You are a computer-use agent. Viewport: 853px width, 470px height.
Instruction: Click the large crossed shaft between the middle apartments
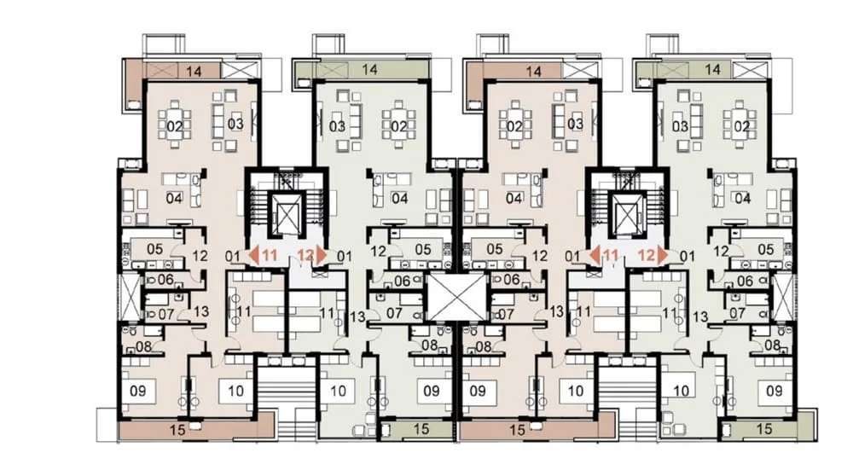click(456, 297)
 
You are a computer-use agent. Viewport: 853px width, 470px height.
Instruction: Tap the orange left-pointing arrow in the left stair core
click(253, 254)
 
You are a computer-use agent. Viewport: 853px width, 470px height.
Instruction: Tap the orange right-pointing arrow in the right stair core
click(662, 254)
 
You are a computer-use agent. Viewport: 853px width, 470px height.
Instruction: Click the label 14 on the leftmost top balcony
click(194, 72)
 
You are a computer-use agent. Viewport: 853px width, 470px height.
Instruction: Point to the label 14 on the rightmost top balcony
click(712, 70)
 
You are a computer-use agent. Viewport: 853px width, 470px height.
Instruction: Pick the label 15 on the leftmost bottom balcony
click(177, 430)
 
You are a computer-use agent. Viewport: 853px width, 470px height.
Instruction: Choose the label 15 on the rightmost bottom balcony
click(764, 429)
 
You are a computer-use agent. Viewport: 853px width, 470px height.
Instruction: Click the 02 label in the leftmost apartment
click(174, 127)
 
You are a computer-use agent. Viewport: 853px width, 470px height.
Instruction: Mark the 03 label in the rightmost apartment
click(680, 127)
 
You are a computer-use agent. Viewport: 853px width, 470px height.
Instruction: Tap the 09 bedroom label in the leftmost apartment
click(138, 391)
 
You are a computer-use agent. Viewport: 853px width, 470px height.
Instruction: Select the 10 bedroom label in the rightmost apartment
click(681, 391)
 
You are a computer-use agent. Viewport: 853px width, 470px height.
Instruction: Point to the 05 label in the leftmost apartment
click(155, 249)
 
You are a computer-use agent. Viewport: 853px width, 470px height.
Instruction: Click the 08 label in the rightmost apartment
click(772, 345)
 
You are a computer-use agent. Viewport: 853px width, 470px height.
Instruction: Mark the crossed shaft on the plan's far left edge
click(130, 297)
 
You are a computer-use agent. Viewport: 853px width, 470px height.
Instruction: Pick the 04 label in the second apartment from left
click(399, 198)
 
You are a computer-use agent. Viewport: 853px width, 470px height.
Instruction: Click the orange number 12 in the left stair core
click(306, 254)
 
